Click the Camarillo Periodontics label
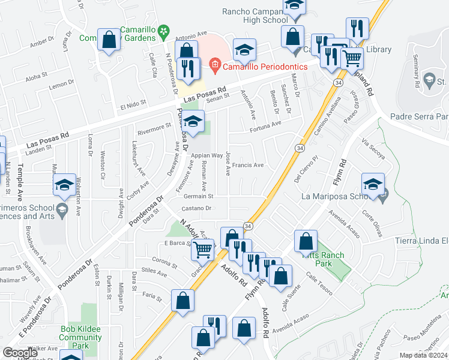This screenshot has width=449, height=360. [265, 66]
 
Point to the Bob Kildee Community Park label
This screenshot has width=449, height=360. [83, 337]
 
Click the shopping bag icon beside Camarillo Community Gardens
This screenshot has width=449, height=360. [109, 42]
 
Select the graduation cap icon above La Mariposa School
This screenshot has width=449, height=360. [373, 185]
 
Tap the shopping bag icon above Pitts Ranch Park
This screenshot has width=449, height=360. [306, 242]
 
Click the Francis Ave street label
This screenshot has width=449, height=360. [249, 165]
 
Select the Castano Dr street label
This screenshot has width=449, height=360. [197, 208]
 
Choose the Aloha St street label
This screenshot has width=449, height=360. [37, 76]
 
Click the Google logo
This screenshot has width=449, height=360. [20, 352]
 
